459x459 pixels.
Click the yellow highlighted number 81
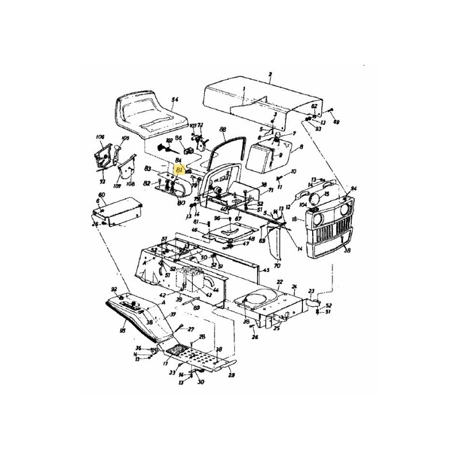click(180, 170)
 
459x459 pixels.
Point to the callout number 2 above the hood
click(270, 75)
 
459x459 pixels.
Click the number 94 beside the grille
click(353, 188)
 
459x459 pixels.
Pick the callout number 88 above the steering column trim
click(223, 130)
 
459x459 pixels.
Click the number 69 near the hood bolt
click(336, 122)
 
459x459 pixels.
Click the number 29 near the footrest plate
click(231, 375)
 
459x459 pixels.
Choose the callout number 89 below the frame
click(197, 308)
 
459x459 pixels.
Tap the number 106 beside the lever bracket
click(100, 137)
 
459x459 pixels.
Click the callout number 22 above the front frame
click(279, 282)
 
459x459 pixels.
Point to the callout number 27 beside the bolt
click(190, 329)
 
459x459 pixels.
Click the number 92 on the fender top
click(114, 289)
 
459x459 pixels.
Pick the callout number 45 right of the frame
click(266, 270)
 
